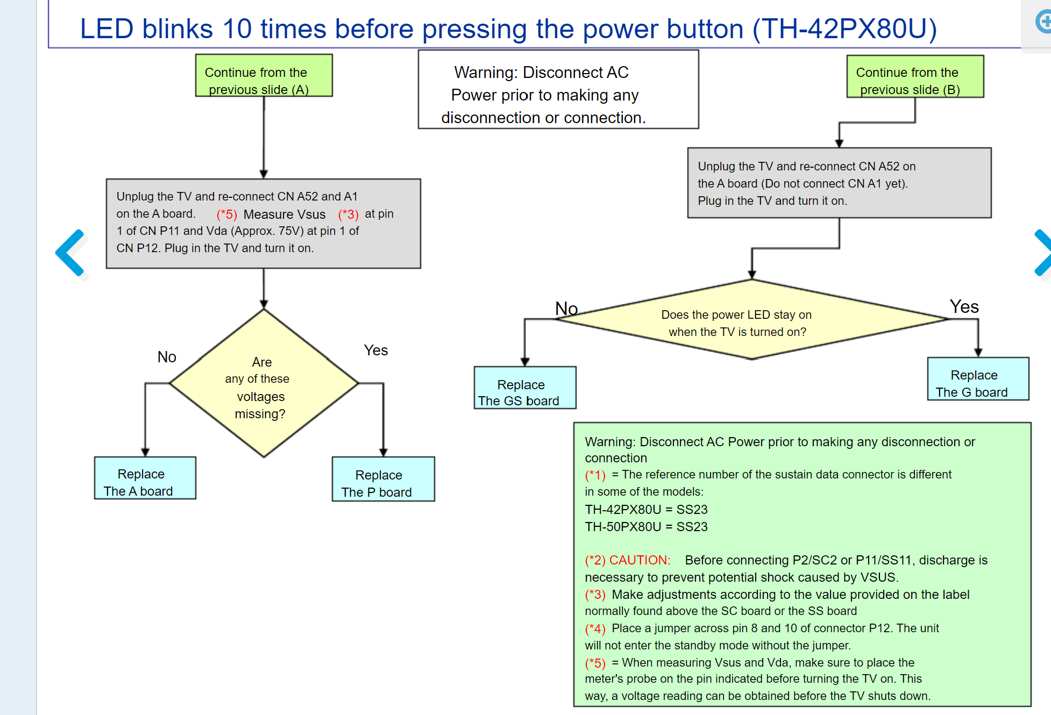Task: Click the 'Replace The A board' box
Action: (x=145, y=478)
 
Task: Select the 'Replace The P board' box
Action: (x=384, y=479)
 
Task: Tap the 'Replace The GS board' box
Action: (x=525, y=388)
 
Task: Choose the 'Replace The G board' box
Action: (x=978, y=378)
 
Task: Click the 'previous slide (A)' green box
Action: (x=264, y=75)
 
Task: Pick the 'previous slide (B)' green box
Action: (x=915, y=76)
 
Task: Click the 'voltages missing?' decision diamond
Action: (x=264, y=383)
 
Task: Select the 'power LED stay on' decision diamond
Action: (x=752, y=319)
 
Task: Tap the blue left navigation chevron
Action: (x=70, y=253)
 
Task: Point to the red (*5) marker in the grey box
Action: (x=226, y=215)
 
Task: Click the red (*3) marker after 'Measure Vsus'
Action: (x=348, y=215)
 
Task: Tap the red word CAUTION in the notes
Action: (x=640, y=560)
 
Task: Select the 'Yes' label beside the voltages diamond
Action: (x=375, y=351)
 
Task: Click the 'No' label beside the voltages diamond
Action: (x=167, y=357)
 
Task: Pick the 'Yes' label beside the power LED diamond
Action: (x=964, y=306)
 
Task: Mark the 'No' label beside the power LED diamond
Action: (x=566, y=309)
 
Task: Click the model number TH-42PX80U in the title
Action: (x=844, y=28)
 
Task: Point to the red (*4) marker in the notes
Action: (x=595, y=628)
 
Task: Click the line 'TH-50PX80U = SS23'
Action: (x=646, y=527)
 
